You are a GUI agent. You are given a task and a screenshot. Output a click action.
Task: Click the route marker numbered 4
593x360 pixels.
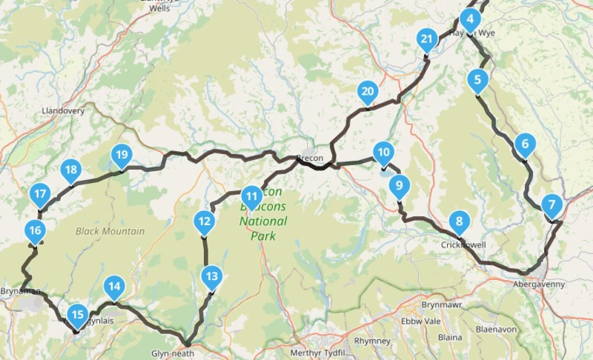(469, 20)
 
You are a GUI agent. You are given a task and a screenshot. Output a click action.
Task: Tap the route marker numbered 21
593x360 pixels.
(426, 39)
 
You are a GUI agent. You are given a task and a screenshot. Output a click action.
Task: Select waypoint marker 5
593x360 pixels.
(478, 79)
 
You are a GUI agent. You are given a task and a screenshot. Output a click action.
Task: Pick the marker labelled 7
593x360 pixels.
(551, 204)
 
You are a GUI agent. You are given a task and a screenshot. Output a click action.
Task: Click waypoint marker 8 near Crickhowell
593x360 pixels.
(460, 221)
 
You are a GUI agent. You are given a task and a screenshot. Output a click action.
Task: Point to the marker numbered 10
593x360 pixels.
(382, 153)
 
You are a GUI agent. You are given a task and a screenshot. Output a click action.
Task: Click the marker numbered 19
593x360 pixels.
(121, 156)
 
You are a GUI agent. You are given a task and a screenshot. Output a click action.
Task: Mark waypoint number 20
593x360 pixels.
(367, 93)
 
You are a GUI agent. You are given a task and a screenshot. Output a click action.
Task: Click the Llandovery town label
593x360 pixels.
(64, 111)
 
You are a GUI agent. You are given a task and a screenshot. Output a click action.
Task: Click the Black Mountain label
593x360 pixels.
(110, 231)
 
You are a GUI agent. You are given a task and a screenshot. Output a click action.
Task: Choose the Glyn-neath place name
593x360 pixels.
(172, 353)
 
